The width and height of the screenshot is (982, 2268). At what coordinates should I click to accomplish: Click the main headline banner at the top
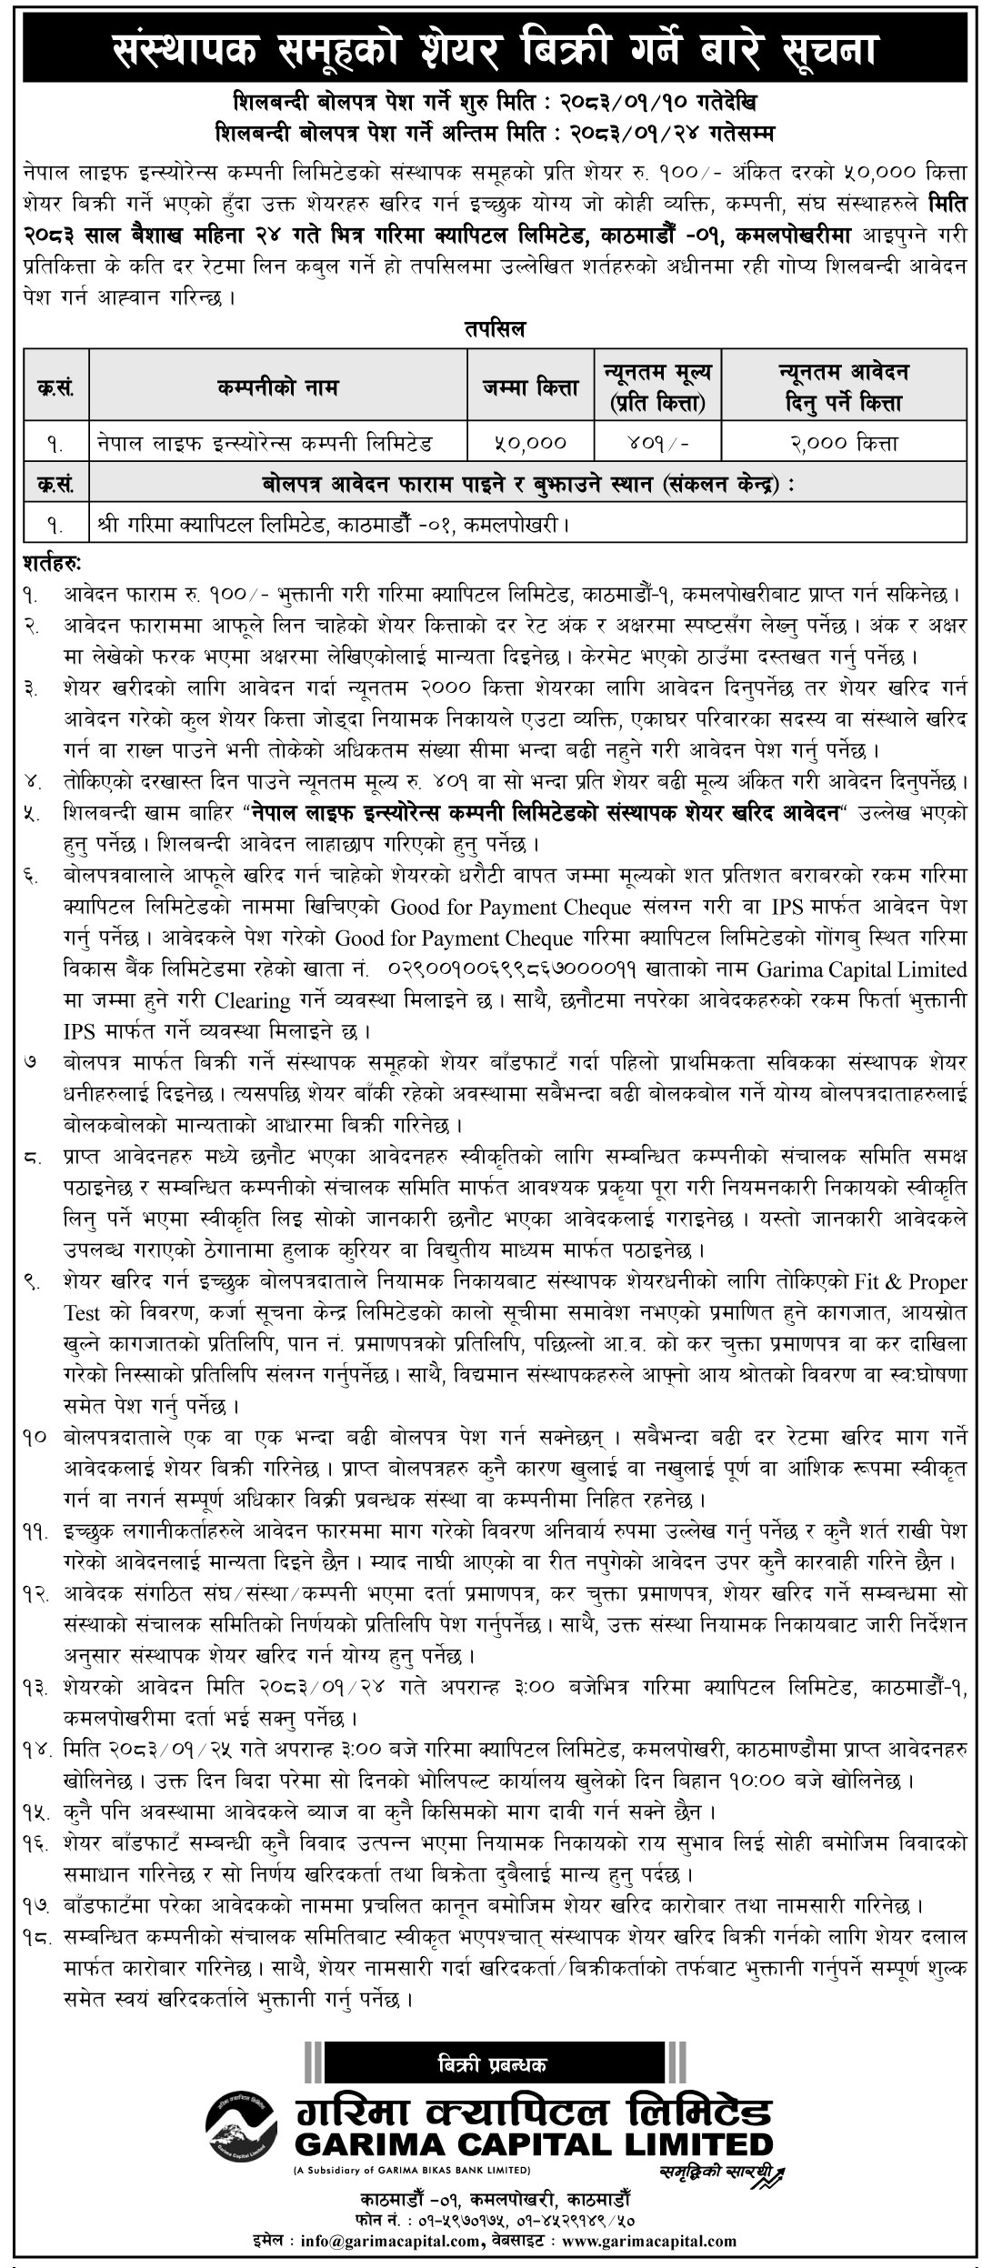click(491, 53)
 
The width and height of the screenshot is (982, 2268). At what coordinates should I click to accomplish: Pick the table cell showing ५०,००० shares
click(532, 443)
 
